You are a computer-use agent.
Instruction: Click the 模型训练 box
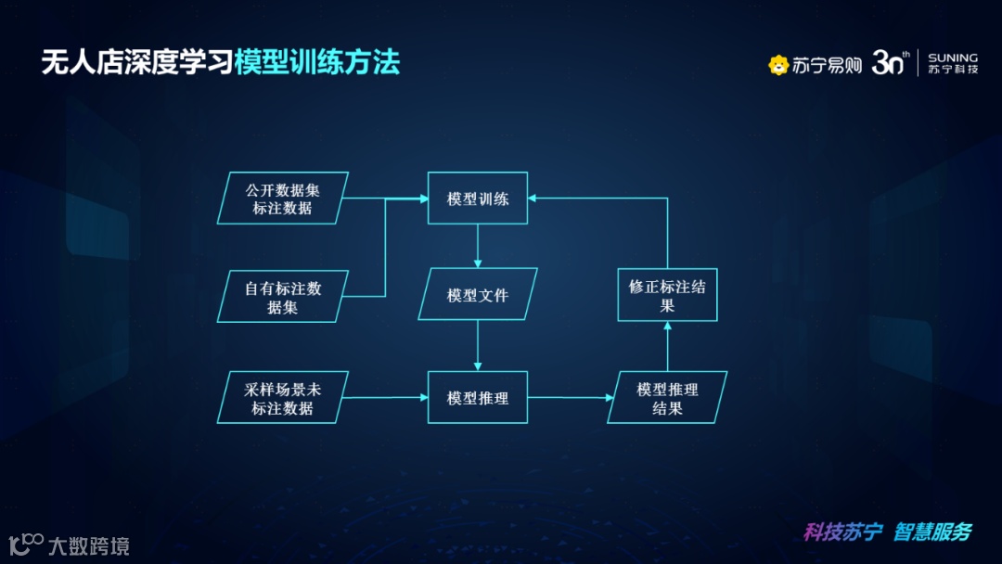(x=478, y=198)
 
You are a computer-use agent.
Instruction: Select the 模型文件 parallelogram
(x=478, y=295)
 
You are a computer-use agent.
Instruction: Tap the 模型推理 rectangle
(x=478, y=397)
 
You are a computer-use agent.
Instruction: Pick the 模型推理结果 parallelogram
(x=667, y=397)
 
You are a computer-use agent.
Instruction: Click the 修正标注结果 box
(x=667, y=295)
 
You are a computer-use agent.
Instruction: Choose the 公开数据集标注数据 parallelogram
(x=283, y=198)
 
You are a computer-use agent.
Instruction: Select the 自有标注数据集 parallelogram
(x=283, y=297)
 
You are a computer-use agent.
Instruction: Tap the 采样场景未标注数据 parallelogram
(x=283, y=397)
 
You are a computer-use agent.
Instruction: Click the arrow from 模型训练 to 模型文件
(x=478, y=246)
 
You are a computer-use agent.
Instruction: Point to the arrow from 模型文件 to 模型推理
(x=478, y=346)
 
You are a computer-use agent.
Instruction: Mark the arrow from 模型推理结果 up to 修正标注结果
(x=667, y=346)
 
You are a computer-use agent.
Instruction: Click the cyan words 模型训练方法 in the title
(x=316, y=63)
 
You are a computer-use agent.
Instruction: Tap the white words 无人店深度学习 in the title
(x=136, y=63)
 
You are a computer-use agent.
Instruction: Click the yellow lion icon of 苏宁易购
(x=778, y=65)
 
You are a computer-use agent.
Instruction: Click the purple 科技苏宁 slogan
(x=842, y=532)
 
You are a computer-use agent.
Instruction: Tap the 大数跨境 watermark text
(x=88, y=545)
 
